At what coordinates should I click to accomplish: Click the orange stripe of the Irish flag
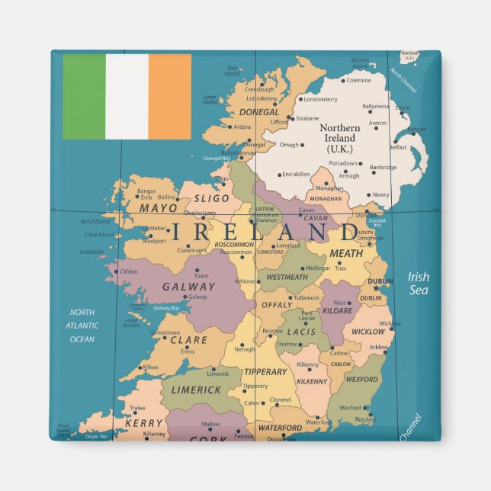[x=169, y=96]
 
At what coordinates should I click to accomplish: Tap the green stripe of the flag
[x=84, y=96]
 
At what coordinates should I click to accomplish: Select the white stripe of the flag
[x=127, y=96]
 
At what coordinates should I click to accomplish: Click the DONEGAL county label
[x=259, y=112]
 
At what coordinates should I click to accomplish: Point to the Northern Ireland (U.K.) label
[x=339, y=139]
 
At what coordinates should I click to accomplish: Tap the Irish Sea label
[x=418, y=283]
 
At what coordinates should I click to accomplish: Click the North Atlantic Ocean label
[x=82, y=326]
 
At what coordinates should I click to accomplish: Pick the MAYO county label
[x=158, y=207]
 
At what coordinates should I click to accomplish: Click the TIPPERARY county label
[x=265, y=372]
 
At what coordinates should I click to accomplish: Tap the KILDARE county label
[x=336, y=311]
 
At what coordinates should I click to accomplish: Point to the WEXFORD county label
[x=361, y=379]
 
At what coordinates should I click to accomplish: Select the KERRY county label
[x=144, y=422]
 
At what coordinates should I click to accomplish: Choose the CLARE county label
[x=189, y=340]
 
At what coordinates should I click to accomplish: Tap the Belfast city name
[x=397, y=147]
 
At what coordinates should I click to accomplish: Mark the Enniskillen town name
[x=296, y=174]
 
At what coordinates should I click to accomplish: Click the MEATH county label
[x=346, y=253]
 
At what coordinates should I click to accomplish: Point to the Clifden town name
[x=129, y=271]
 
